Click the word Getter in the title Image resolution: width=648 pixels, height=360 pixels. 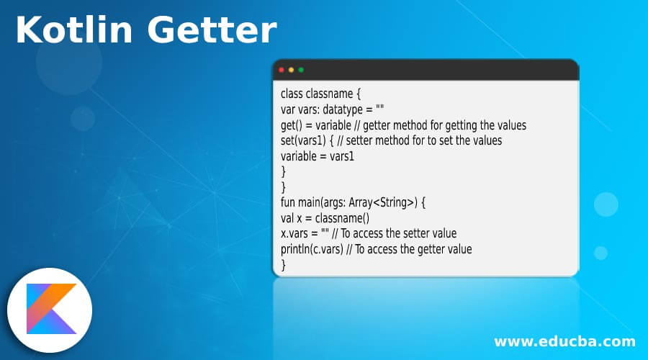(x=210, y=31)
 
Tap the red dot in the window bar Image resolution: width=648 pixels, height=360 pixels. (x=282, y=70)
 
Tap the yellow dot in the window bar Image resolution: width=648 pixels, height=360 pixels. (x=291, y=70)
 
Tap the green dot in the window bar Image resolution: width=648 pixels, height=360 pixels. (x=301, y=70)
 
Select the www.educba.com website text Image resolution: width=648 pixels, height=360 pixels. (x=564, y=341)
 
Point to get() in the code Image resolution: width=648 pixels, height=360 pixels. (x=294, y=125)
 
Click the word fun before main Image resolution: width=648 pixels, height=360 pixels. (x=289, y=202)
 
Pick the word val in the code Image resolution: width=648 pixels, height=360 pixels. (x=289, y=218)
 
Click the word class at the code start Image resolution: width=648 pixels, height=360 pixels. (x=292, y=94)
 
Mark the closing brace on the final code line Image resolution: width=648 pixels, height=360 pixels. (x=284, y=265)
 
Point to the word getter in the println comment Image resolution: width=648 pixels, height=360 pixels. (x=428, y=249)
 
